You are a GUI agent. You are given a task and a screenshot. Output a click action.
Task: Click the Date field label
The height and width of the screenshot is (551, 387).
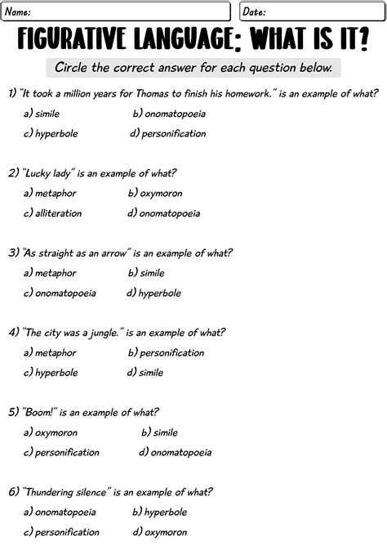(255, 11)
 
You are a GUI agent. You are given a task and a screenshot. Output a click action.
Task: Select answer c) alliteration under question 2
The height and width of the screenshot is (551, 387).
(53, 213)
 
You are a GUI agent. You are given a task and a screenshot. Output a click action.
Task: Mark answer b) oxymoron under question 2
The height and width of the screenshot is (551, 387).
(155, 194)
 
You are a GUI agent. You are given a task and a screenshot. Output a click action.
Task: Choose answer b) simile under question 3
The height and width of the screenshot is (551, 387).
(146, 273)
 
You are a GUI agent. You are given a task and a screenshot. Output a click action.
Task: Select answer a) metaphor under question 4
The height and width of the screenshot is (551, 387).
(50, 353)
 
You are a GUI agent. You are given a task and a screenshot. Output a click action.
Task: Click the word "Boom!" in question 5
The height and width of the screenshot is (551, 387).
(38, 412)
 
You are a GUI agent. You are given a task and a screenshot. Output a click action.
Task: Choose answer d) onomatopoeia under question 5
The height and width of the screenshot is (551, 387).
(175, 452)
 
